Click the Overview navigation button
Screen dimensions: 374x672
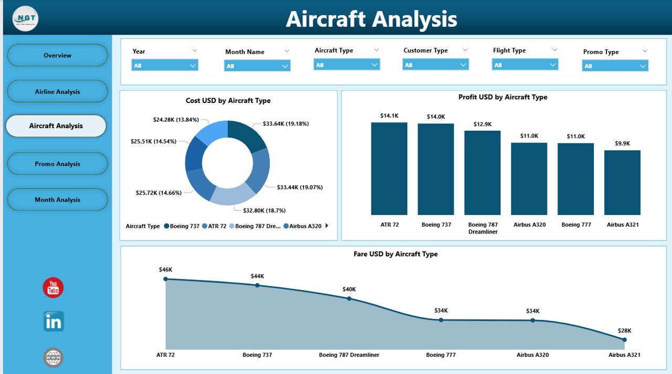(57, 55)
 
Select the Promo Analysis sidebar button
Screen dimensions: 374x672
(57, 164)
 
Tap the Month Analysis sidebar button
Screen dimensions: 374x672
(57, 200)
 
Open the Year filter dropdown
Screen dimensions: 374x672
(164, 65)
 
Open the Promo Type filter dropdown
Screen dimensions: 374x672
(615, 66)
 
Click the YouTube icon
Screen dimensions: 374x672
(53, 288)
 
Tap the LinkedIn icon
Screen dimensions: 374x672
(54, 321)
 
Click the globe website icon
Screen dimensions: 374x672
(54, 358)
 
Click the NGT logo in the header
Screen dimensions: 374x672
(25, 19)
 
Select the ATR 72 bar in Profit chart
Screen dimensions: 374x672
(389, 168)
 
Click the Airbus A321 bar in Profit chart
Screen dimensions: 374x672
(622, 182)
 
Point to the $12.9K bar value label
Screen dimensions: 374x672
(482, 124)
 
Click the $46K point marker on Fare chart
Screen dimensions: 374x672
(165, 279)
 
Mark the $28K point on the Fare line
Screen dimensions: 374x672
(624, 340)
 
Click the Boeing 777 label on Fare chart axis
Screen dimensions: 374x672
(440, 355)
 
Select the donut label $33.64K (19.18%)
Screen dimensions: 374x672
(286, 124)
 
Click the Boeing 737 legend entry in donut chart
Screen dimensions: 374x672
(182, 226)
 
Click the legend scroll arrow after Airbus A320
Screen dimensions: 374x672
(327, 226)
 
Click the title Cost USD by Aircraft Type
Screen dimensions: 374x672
(228, 100)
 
